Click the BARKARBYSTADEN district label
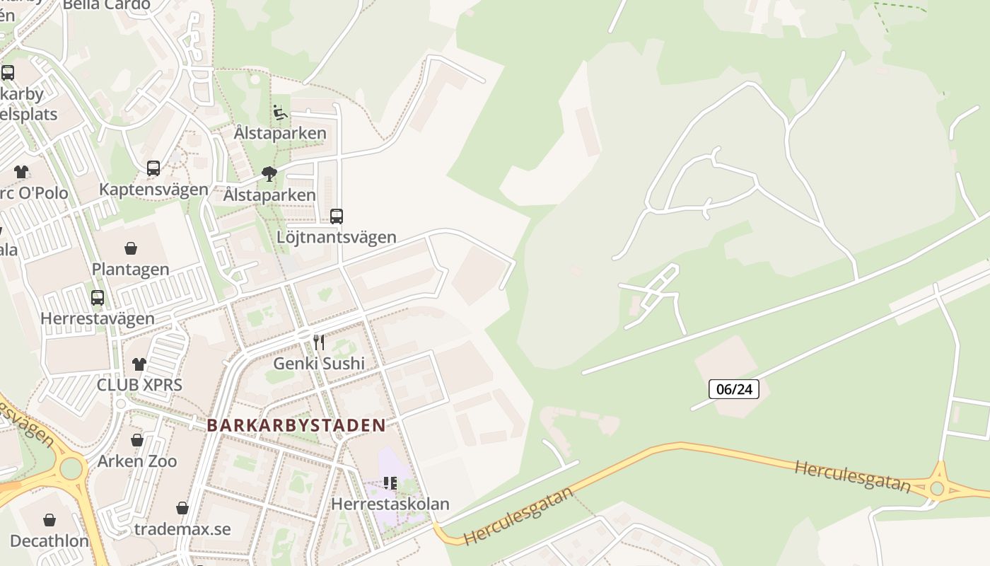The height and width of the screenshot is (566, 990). tap(296, 425)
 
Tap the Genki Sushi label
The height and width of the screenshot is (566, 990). tap(319, 364)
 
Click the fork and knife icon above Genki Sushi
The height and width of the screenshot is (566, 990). tap(319, 342)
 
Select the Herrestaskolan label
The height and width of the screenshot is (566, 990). tap(390, 504)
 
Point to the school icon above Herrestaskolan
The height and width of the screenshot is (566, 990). tap(390, 483)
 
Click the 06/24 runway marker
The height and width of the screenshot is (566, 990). tap(733, 388)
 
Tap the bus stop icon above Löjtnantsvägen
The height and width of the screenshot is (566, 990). tap(337, 216)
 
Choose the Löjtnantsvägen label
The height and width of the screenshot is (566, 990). tap(337, 237)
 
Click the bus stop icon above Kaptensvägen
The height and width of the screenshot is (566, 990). tap(153, 168)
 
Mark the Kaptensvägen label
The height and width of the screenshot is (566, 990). tap(153, 189)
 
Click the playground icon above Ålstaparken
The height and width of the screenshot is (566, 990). tap(280, 112)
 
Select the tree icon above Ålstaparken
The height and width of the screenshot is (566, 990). tap(269, 174)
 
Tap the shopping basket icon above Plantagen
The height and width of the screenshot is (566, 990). tap(131, 248)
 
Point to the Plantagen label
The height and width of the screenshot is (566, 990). tap(131, 270)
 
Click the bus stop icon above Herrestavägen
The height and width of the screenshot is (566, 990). tap(98, 298)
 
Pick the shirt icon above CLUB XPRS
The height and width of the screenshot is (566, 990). tap(139, 364)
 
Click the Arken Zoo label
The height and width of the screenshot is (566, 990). tap(137, 461)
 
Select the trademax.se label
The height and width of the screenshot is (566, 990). tap(182, 529)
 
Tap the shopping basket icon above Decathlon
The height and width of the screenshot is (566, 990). tap(49, 521)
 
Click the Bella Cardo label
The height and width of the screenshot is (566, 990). tap(106, 5)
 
